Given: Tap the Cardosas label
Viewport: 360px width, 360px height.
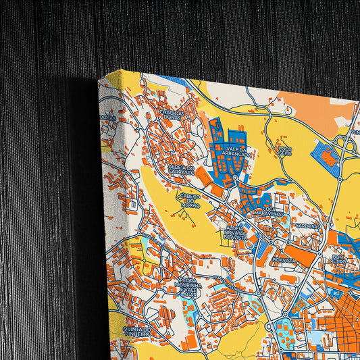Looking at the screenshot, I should click(x=306, y=226).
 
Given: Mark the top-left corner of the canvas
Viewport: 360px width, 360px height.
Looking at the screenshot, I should click(x=100, y=76).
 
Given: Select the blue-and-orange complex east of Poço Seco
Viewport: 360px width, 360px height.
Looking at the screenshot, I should click(x=325, y=157).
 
